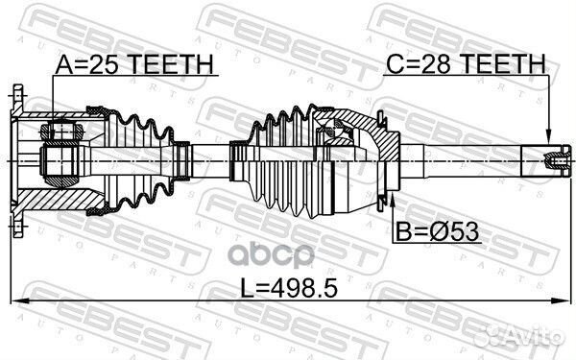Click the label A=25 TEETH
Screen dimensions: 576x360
tap(134, 64)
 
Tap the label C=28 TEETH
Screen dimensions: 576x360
tap(467, 63)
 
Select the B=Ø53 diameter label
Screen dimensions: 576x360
tap(438, 231)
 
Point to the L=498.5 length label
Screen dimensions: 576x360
tap(288, 288)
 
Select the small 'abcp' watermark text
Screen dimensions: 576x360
tap(272, 255)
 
